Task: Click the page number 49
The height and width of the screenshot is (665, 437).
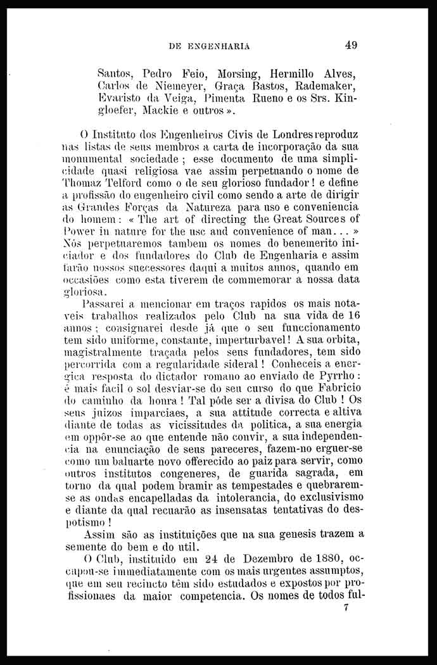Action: click(351, 44)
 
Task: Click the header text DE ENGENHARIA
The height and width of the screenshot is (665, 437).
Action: click(210, 46)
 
